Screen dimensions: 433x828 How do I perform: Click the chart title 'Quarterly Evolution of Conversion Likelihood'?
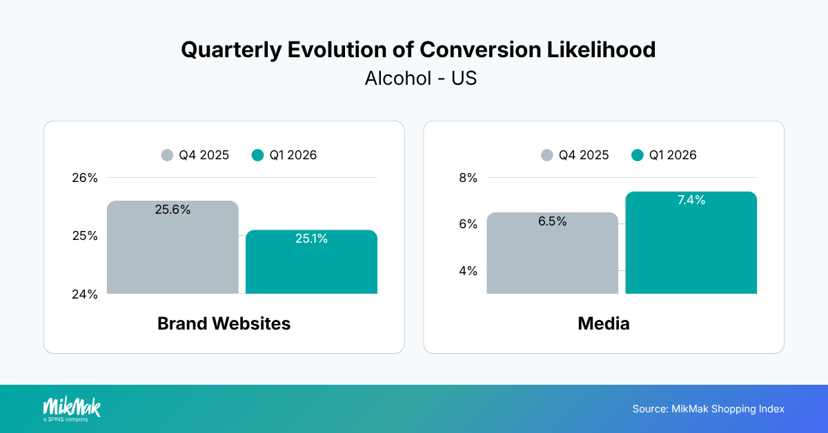pos(417,50)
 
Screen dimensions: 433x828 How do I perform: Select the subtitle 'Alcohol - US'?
pos(420,79)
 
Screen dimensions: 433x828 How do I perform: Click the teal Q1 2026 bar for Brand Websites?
pos(311,265)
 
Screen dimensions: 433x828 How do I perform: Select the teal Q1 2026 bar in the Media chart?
pos(691,248)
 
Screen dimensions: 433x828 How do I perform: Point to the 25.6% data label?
pos(172,210)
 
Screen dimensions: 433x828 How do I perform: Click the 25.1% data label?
pos(311,239)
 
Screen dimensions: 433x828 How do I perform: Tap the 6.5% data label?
pos(552,221)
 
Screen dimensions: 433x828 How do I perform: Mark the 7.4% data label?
pos(691,201)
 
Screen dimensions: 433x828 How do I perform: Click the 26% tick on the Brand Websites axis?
pos(85,178)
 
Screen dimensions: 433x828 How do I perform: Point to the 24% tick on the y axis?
pos(85,294)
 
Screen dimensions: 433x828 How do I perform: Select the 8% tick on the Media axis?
pos(468,178)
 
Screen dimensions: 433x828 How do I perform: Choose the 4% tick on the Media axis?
pos(468,271)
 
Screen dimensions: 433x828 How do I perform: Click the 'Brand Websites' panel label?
pos(224,323)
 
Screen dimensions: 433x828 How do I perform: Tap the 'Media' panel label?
pos(604,323)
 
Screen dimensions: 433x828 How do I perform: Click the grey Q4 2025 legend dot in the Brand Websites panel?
pos(167,155)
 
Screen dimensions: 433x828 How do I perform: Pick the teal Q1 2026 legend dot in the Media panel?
pos(638,155)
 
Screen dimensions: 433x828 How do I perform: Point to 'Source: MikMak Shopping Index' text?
pos(708,409)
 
